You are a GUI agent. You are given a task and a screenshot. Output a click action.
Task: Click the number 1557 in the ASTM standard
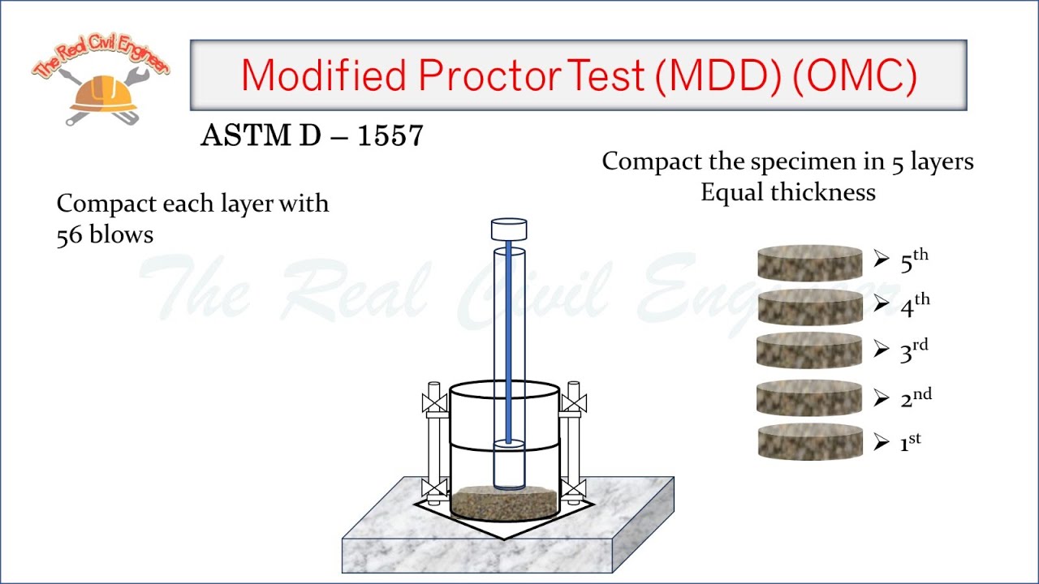tap(390, 136)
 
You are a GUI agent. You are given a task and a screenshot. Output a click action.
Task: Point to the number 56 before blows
tap(71, 234)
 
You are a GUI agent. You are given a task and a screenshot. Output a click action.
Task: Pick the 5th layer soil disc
tap(809, 264)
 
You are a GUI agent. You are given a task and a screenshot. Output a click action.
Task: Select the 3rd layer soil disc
tap(809, 351)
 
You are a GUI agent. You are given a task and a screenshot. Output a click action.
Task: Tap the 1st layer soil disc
tap(809, 442)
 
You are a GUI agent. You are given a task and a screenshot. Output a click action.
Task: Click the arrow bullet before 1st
tap(882, 443)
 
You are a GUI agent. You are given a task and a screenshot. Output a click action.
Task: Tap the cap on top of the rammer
tap(509, 230)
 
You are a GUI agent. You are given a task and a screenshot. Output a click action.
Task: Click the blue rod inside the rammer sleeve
tap(509, 341)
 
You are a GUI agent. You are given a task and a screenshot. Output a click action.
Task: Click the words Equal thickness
tap(787, 192)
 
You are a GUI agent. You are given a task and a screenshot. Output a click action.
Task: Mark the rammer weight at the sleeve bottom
tap(509, 466)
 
